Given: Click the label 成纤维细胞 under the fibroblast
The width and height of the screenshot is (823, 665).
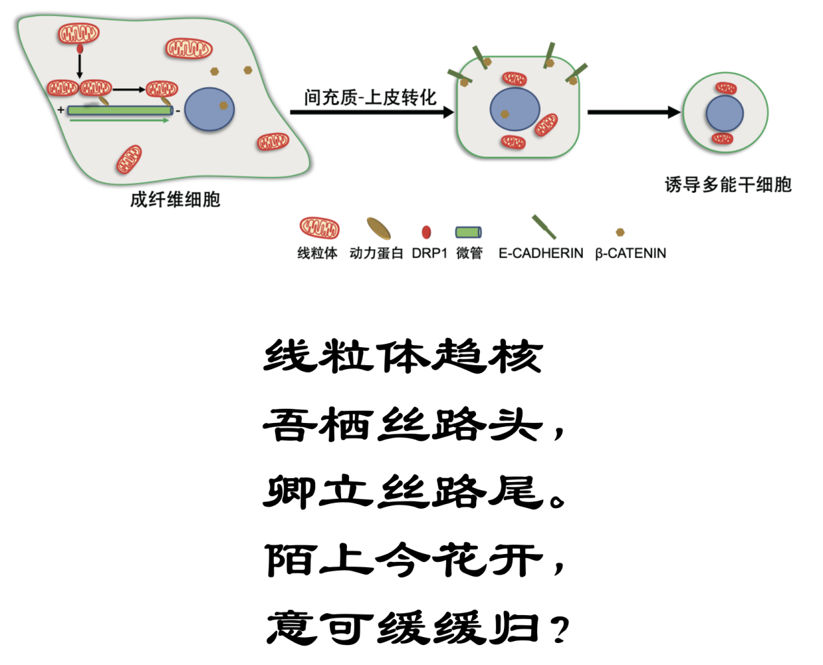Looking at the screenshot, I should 175,199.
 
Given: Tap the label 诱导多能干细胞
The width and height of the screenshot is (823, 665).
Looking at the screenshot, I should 728,185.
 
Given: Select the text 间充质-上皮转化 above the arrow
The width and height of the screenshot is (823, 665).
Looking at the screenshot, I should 370,98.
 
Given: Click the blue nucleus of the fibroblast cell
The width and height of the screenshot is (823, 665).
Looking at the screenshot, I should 209,110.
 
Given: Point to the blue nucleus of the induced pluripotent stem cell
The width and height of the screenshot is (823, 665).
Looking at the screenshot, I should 724,114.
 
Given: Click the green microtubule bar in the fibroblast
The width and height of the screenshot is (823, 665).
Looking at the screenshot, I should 120,110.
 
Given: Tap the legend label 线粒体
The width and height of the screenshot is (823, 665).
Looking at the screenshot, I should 317,253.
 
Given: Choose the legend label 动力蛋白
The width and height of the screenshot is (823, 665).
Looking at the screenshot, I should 376,253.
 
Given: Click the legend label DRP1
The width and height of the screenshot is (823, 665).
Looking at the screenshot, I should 429,253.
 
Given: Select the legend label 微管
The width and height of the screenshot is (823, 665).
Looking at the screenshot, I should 470,253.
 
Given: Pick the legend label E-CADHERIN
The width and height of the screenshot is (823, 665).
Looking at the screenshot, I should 541,253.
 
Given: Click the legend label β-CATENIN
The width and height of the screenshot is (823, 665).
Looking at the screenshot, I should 630,253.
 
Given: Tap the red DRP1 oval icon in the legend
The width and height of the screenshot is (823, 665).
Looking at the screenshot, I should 426,232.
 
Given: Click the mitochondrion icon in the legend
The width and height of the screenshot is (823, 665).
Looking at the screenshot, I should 319,228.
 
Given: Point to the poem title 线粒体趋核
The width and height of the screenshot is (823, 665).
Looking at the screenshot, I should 403,356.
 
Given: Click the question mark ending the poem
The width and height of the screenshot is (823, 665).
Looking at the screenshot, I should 559,629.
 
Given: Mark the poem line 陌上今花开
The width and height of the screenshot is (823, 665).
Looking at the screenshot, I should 403,559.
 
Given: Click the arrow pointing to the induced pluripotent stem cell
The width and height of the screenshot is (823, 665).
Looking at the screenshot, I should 633,112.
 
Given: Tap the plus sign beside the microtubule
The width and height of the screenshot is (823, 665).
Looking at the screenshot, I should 60,110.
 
